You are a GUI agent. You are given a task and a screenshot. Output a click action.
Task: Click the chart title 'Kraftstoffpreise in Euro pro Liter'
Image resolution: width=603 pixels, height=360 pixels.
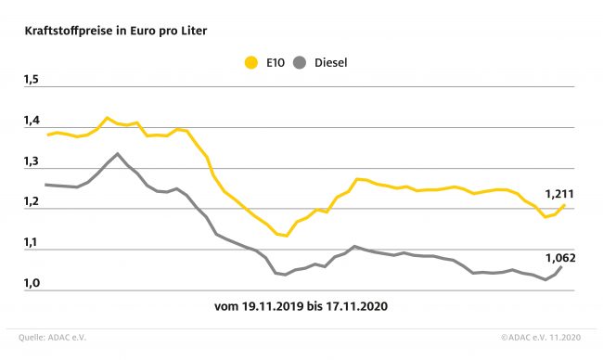tap(116, 31)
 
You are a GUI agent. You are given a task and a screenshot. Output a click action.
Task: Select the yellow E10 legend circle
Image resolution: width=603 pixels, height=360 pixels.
tap(251, 62)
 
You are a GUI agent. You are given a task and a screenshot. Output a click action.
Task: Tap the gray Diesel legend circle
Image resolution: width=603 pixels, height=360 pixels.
tap(300, 62)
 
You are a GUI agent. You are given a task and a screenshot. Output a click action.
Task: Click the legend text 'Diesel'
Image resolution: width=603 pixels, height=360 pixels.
tap(331, 63)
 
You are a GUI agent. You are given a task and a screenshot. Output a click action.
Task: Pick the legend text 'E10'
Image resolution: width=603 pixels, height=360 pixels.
tap(276, 63)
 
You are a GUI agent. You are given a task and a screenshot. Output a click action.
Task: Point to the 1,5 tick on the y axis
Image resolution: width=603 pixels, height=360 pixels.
tap(32, 80)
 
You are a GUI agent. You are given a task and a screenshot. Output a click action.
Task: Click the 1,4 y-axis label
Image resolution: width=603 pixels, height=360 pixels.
tap(32, 121)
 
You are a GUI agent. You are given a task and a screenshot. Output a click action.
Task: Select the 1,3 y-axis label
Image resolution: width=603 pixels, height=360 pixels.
tap(32, 161)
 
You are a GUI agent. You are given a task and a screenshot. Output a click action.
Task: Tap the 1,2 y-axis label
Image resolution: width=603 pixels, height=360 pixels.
tap(32, 201)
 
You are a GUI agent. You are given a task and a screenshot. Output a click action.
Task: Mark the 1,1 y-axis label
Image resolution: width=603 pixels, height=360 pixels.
tap(32, 242)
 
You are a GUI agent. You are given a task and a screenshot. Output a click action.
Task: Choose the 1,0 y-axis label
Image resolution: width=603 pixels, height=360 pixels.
tap(32, 283)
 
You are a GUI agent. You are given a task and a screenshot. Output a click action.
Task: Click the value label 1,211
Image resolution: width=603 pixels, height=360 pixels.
tap(559, 194)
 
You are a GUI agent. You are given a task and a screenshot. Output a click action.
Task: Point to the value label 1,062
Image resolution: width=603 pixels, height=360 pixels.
tap(560, 258)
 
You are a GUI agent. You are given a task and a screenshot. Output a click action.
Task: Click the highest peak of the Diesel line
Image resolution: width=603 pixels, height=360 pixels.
tap(117, 154)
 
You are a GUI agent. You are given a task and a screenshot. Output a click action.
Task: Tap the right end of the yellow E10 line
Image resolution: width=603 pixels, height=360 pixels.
tap(564, 205)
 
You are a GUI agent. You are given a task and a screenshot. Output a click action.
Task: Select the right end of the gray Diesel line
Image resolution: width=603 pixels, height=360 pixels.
tap(560, 267)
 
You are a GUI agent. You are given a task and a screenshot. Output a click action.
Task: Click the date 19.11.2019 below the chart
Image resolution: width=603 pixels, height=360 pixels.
tap(273, 306)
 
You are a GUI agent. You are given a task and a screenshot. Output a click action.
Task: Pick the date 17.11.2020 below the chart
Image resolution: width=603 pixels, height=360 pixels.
tap(357, 306)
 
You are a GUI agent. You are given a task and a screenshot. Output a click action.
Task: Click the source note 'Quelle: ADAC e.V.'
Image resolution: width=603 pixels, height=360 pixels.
tap(52, 338)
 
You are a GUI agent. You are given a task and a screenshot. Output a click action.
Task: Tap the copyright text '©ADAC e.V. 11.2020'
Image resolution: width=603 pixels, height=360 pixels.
tap(541, 338)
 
